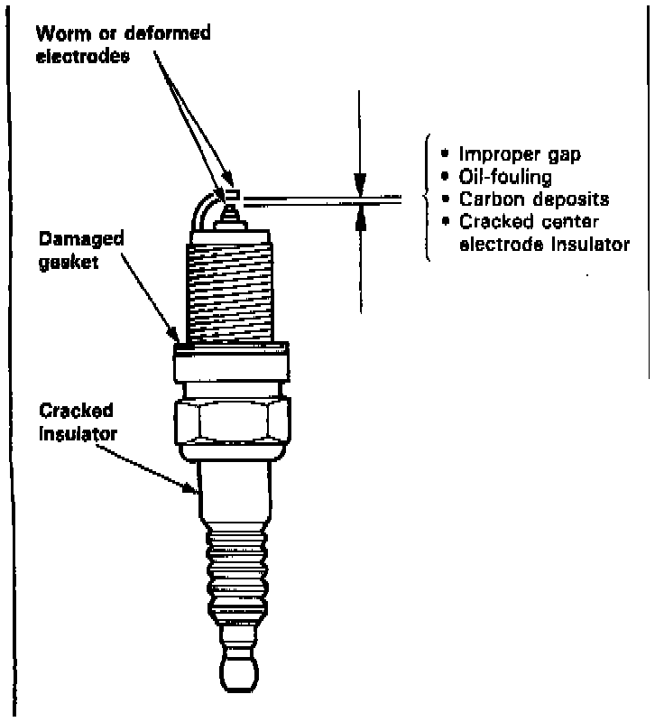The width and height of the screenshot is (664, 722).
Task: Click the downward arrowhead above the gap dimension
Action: tap(359, 188)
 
